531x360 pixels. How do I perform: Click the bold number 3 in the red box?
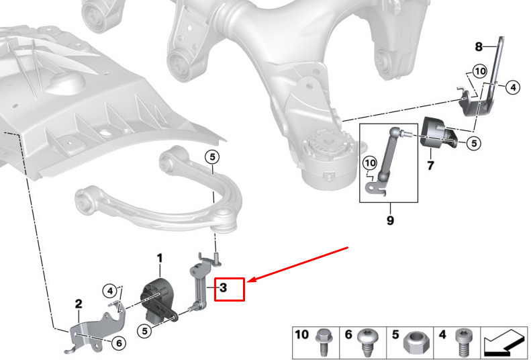(224, 288)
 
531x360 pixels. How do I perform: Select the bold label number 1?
(160, 258)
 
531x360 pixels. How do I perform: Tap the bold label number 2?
(78, 304)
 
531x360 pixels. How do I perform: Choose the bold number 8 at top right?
(479, 47)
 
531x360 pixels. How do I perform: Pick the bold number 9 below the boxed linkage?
(389, 219)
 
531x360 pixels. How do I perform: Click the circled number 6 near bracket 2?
(118, 343)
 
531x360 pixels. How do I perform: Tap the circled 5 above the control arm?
(212, 158)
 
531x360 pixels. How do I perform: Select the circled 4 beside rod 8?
(512, 87)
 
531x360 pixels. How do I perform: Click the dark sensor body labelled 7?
(437, 134)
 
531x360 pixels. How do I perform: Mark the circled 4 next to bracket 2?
(110, 291)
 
